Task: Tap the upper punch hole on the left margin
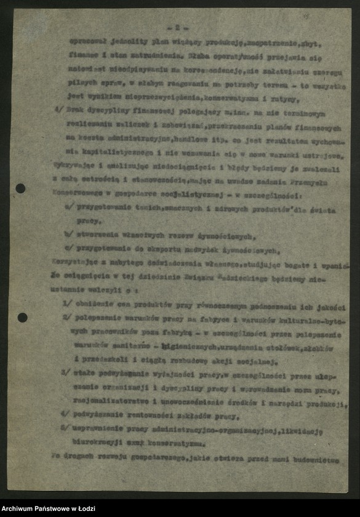[20, 188]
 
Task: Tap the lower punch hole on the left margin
[22, 318]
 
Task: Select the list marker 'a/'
[68, 208]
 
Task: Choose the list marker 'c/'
[68, 250]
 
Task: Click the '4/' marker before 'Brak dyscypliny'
[58, 113]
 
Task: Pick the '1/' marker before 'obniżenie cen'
[66, 303]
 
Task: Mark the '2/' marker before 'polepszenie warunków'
[66, 317]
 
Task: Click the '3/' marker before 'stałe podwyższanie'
[66, 373]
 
